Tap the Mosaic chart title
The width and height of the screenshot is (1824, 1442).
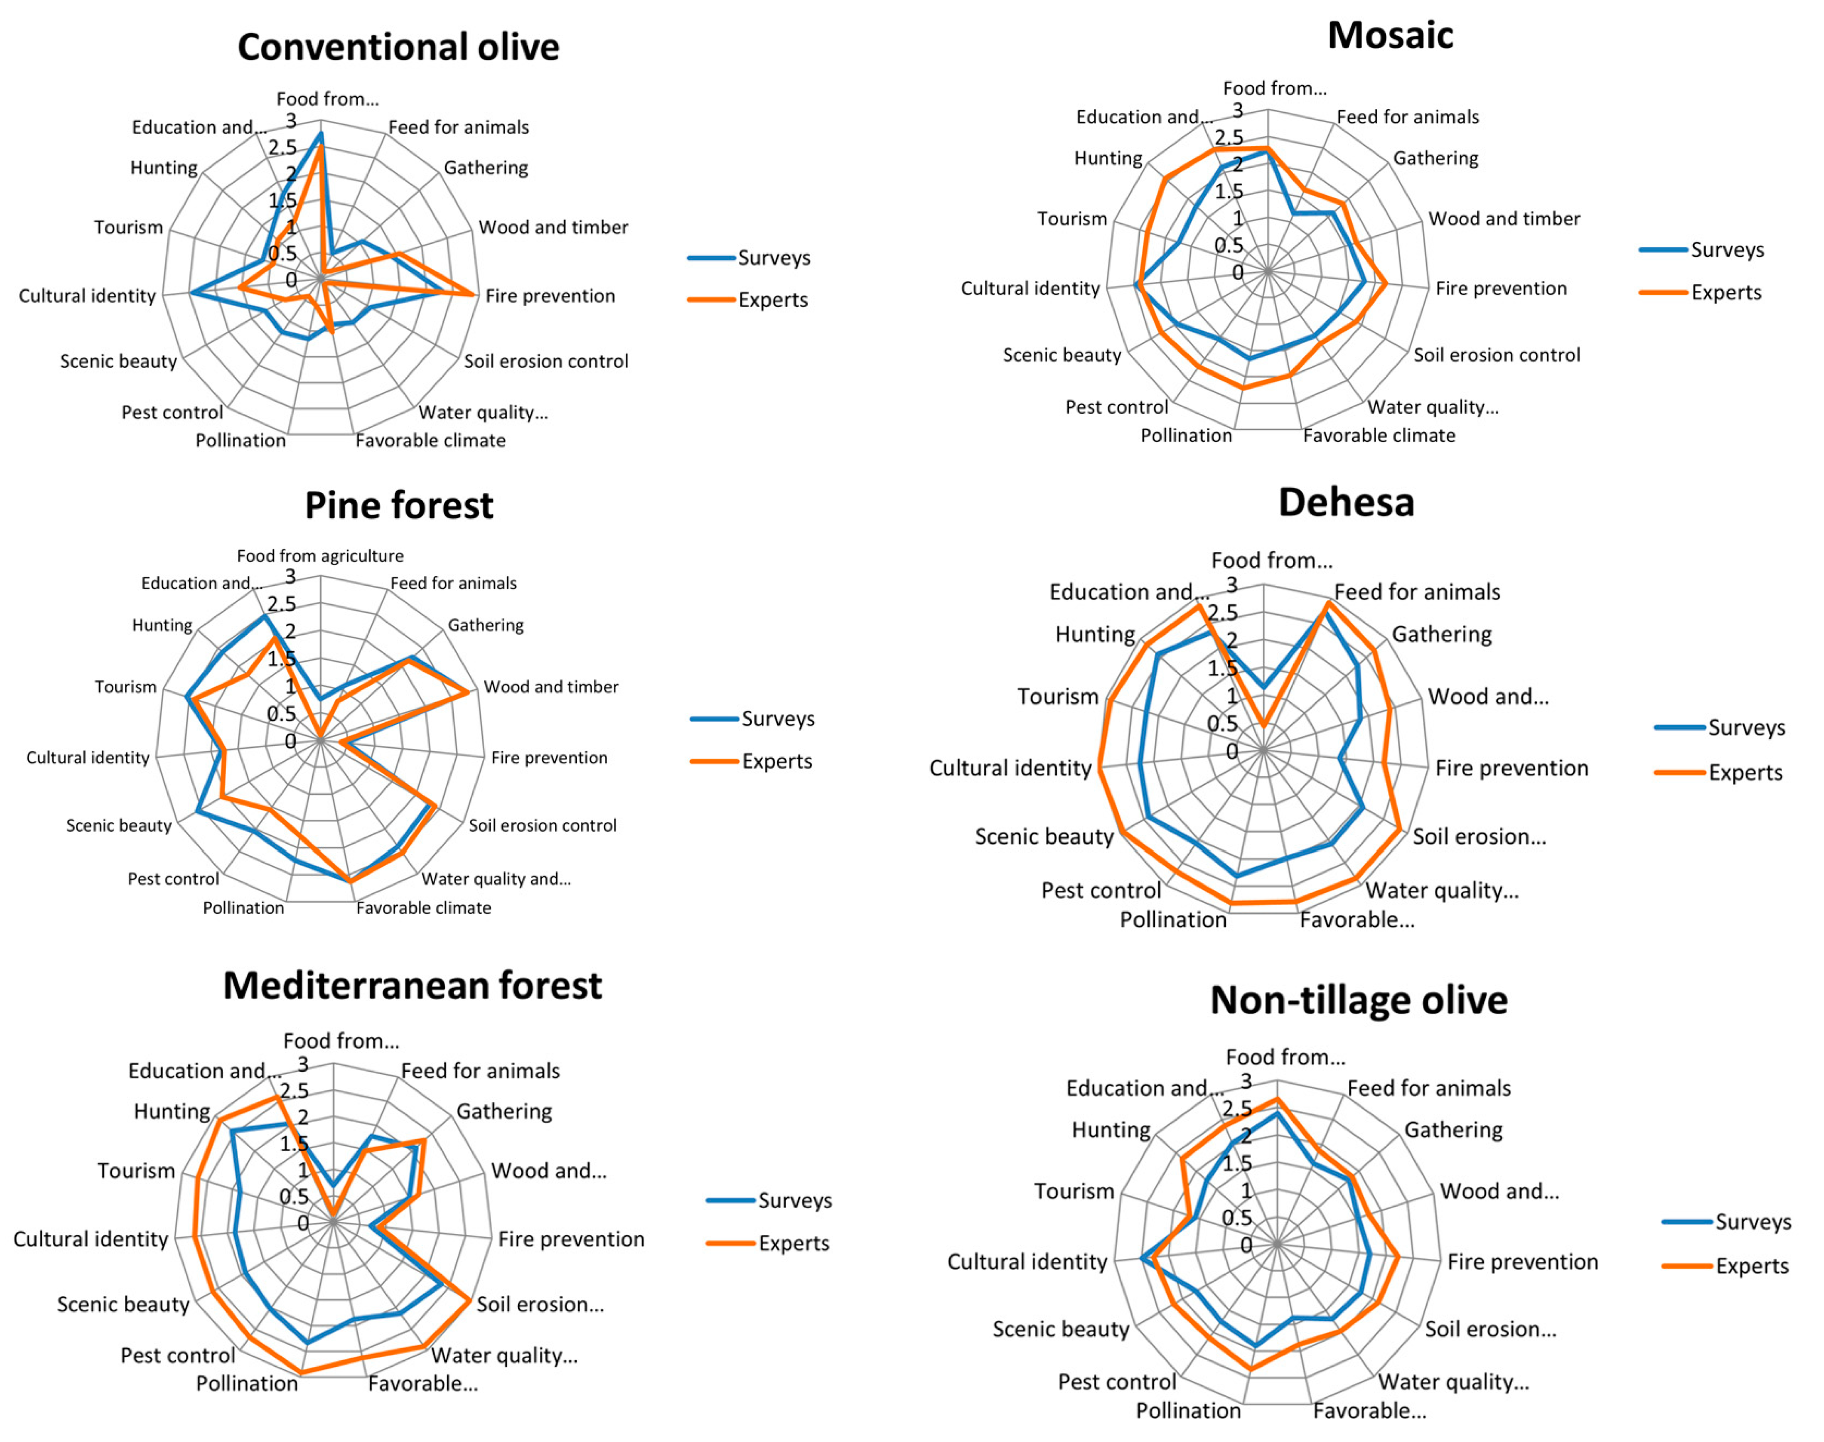pyautogui.click(x=1390, y=35)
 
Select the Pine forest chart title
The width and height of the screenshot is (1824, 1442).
pyautogui.click(x=399, y=505)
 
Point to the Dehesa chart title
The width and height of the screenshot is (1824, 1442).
pyautogui.click(x=1346, y=502)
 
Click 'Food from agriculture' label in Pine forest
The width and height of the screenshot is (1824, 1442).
pyautogui.click(x=320, y=556)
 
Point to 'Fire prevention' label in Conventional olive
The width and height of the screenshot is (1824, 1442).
pyautogui.click(x=550, y=295)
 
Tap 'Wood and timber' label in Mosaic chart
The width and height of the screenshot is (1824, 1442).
pyautogui.click(x=1504, y=218)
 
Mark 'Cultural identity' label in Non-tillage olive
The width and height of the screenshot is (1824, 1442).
pyautogui.click(x=1027, y=1261)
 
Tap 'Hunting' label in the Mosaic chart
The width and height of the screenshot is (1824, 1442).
pyautogui.click(x=1108, y=158)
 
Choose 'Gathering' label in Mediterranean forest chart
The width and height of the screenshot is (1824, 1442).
pyautogui.click(x=504, y=1111)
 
